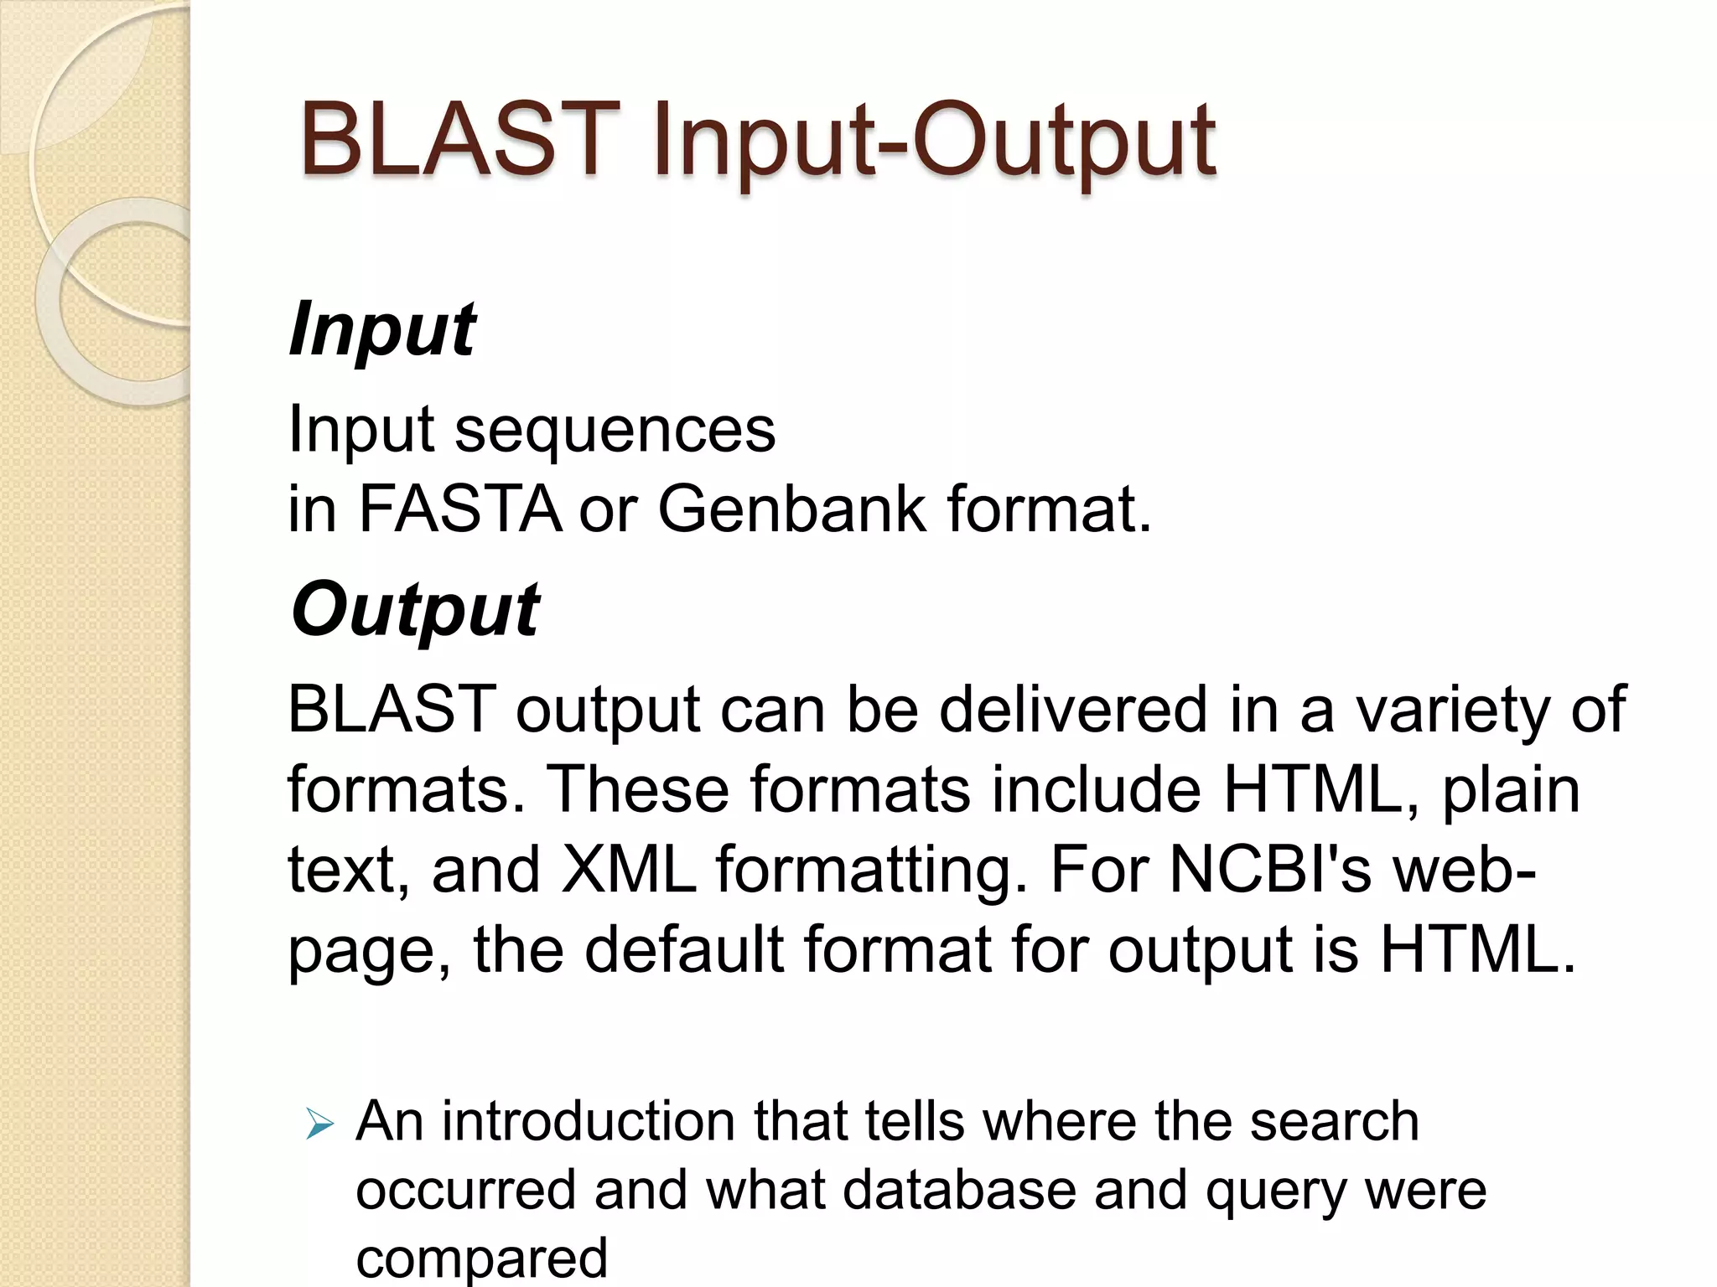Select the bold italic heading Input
coord(382,329)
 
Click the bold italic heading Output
coord(415,610)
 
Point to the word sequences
coord(615,430)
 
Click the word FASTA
coord(460,509)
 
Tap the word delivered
coord(1074,710)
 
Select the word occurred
coord(466,1190)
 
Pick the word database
coord(959,1190)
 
